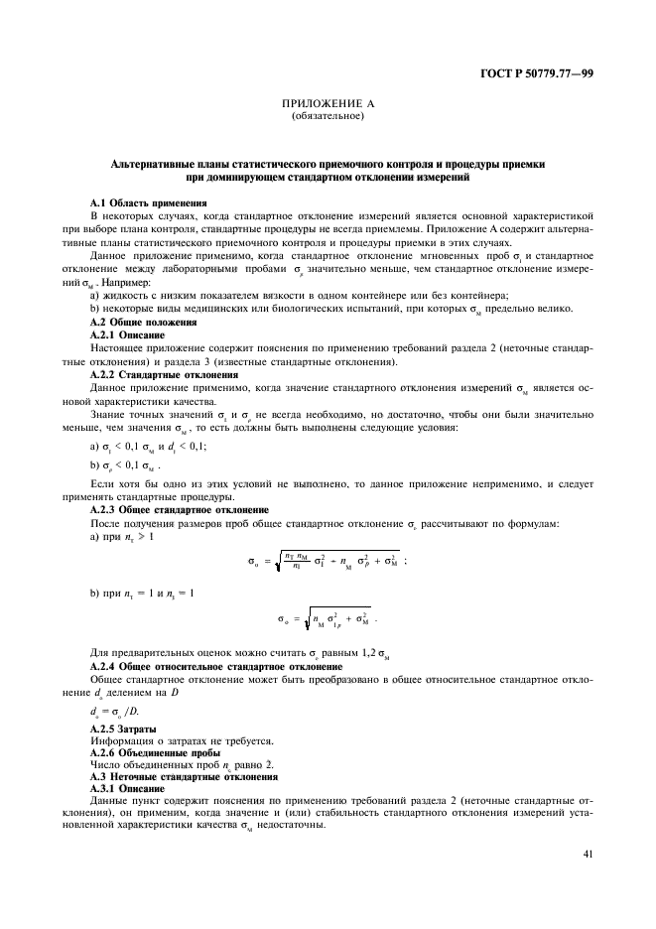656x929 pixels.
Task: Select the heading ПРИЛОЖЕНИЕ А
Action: point(328,104)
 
